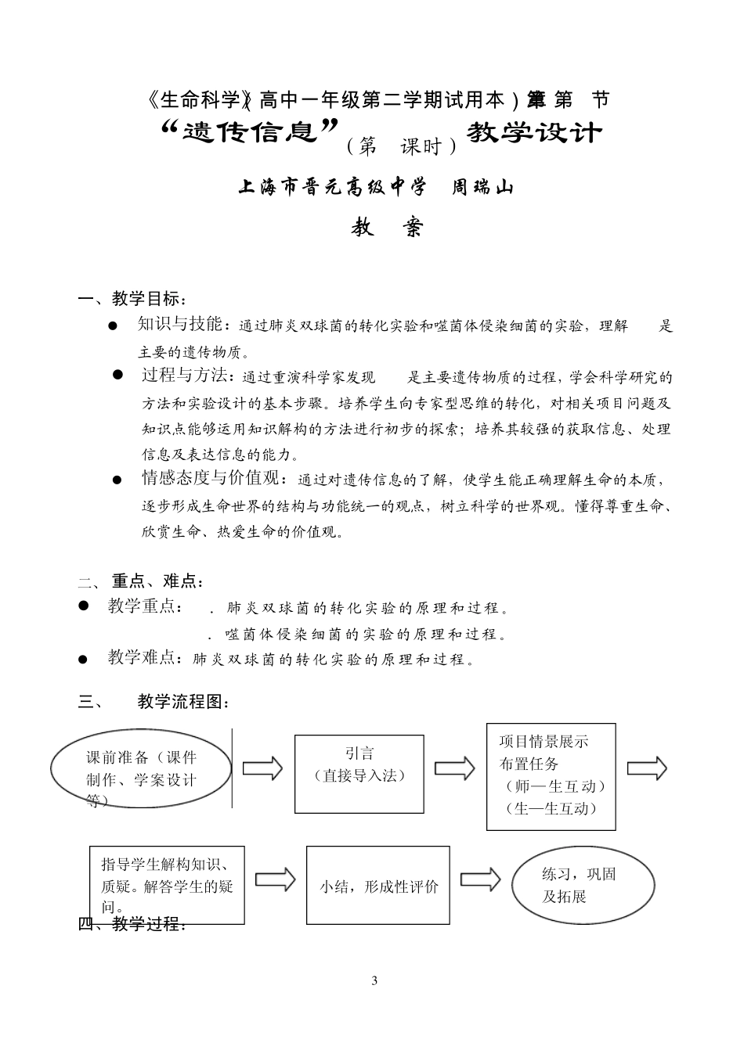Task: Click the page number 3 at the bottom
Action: pos(374,981)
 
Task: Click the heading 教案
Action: pos(386,227)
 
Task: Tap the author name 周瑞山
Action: pos(482,187)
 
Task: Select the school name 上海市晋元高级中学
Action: pos(333,187)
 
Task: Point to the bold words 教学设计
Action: pos(534,132)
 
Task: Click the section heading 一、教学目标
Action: pos(133,299)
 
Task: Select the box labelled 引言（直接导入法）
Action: pos(359,773)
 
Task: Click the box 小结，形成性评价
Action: pos(378,885)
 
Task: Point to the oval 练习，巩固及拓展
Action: pos(583,885)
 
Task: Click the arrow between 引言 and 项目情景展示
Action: pos(455,768)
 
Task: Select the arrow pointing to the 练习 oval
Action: pos(480,879)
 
